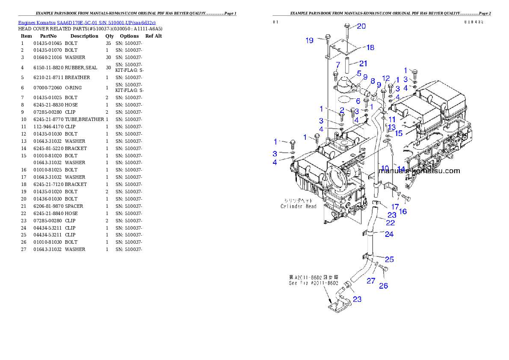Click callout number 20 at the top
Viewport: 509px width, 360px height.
point(361,27)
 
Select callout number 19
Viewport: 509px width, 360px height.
point(310,41)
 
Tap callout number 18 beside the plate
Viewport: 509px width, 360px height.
point(370,47)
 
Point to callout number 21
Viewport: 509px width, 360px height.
point(363,64)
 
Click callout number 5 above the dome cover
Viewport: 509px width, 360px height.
point(359,73)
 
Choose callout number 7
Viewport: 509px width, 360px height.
point(337,65)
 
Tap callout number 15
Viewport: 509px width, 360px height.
point(399,133)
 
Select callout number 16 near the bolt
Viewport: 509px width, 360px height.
point(403,211)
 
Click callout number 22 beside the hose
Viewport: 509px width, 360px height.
point(391,223)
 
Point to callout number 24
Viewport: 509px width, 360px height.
point(389,234)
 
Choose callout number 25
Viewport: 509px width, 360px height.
point(389,260)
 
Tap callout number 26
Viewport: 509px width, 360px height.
point(384,285)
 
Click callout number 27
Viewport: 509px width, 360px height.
point(371,281)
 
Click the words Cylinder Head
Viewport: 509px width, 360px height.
point(299,206)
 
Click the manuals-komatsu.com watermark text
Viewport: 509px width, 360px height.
point(420,171)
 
